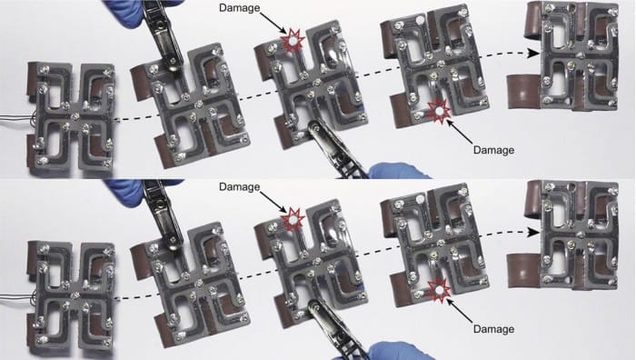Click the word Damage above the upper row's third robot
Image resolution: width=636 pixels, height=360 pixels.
coord(239,7)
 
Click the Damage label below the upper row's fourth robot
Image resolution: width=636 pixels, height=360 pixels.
coord(493,150)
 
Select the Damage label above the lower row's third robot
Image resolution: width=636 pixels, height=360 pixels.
coord(239,186)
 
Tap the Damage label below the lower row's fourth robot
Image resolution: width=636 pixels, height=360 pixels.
coord(493,329)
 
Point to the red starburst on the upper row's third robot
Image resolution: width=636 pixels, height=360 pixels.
coord(293,41)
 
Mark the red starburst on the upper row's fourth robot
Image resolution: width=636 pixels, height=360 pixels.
coord(439,110)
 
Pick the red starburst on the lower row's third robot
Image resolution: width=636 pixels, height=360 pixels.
coord(293,220)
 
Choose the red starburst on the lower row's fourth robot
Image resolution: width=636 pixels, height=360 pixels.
coord(439,289)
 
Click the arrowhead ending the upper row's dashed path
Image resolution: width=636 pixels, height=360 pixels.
coord(533,53)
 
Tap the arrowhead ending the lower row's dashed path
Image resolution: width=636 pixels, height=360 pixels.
coord(533,232)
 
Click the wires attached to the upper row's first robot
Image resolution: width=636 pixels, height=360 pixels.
coord(16,119)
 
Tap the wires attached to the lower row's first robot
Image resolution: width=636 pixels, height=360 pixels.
coord(16,298)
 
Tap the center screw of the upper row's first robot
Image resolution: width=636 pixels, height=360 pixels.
coord(75,117)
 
